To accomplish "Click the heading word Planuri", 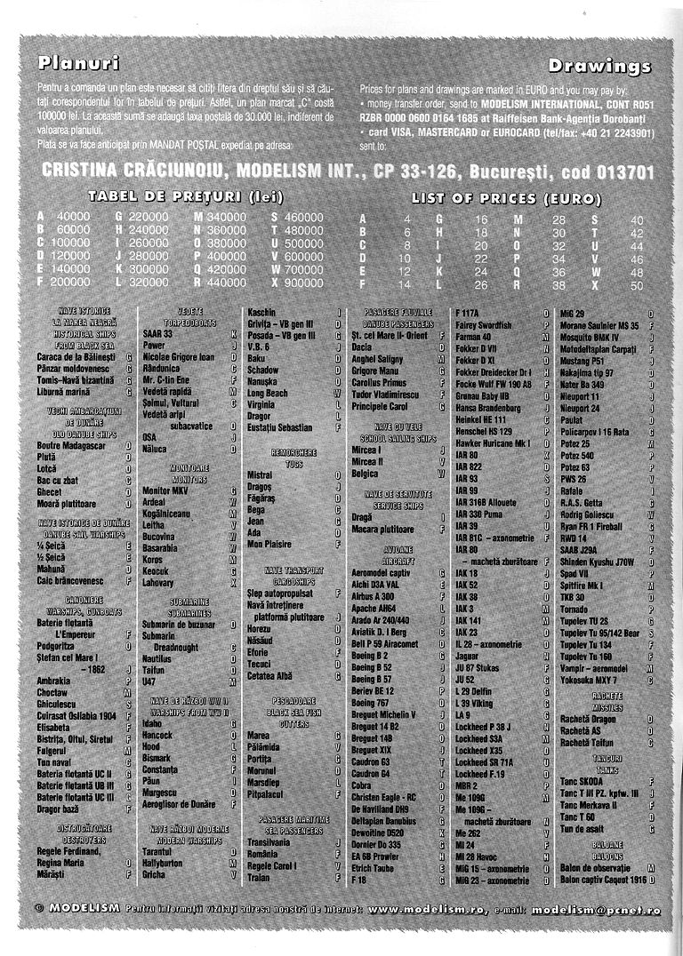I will [79, 63].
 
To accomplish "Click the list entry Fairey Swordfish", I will [487, 326].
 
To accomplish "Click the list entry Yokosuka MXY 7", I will [590, 680].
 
